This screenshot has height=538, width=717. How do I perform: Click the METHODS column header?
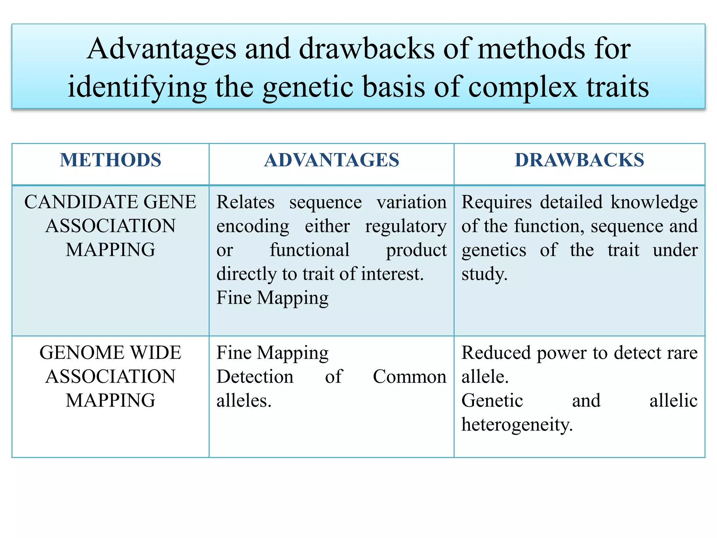coord(110,160)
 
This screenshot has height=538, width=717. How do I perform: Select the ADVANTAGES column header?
coord(331,160)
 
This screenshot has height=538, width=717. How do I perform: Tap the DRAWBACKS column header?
coord(579,160)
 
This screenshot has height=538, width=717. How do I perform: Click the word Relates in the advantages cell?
coord(245,202)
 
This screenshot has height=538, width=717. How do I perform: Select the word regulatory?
coord(405,226)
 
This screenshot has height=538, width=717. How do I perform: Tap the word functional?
coord(309,250)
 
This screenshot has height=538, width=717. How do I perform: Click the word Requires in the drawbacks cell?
coord(496,202)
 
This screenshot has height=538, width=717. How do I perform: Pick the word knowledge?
coord(654,202)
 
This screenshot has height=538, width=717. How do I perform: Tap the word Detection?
coord(255,377)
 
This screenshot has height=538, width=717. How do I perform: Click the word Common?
coord(409,377)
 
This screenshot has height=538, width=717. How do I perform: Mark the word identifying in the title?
coord(137,87)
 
